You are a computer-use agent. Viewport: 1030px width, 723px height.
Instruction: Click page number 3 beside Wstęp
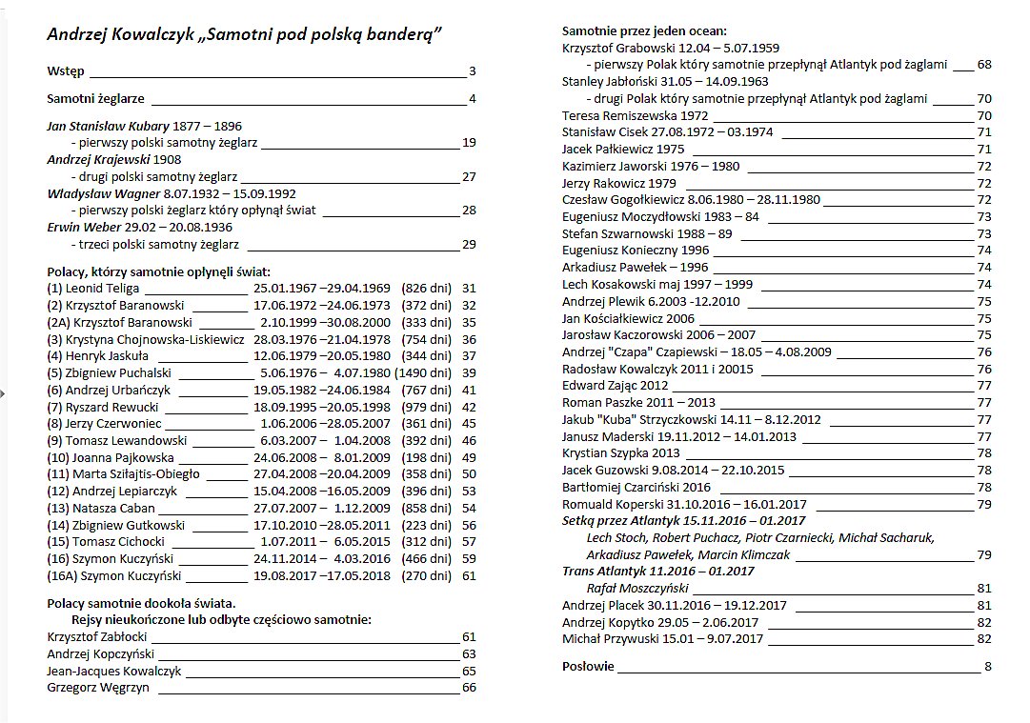[472, 71]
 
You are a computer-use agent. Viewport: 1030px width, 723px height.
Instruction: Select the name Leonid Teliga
[103, 288]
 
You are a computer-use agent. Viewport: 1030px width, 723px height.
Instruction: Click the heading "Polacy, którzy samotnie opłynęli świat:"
[159, 271]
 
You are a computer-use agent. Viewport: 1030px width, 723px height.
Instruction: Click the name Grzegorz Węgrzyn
[98, 688]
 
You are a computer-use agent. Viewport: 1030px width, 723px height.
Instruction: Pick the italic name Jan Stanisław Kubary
[108, 126]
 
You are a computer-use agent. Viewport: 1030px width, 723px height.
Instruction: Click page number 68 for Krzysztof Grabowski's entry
[984, 65]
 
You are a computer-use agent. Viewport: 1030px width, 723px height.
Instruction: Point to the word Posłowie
[588, 666]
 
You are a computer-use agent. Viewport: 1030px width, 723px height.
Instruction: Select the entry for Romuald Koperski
[684, 504]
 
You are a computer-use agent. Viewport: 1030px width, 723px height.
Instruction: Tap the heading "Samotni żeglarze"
[95, 98]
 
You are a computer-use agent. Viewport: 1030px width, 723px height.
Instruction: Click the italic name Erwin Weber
[84, 228]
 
